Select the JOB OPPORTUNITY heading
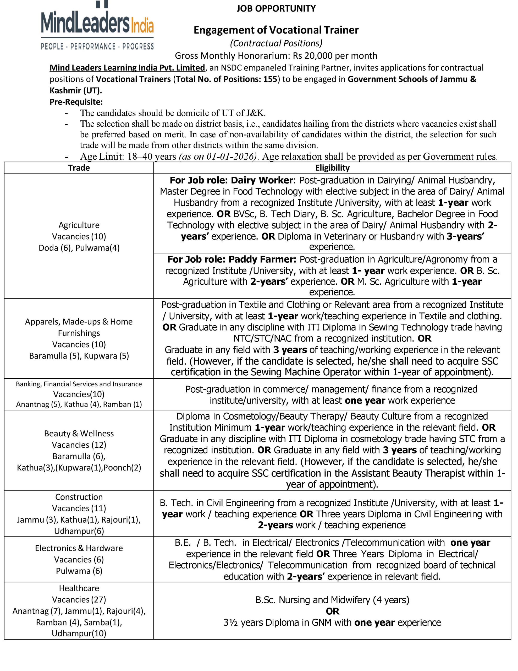point(276,9)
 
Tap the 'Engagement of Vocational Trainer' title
point(276,30)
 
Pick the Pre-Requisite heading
point(76,102)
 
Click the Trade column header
point(79,168)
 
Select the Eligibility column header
point(332,168)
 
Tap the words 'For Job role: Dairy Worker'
point(231,180)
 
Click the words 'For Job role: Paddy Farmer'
point(232,259)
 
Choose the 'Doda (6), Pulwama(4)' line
point(79,248)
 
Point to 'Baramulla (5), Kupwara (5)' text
point(79,356)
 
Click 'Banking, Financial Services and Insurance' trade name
point(79,384)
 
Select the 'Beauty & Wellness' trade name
point(79,434)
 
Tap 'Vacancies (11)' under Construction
point(79,508)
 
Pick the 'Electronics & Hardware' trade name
point(79,548)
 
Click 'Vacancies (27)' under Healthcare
point(79,599)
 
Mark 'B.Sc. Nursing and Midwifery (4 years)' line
point(332,600)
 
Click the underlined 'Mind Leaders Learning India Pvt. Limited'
point(127,68)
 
